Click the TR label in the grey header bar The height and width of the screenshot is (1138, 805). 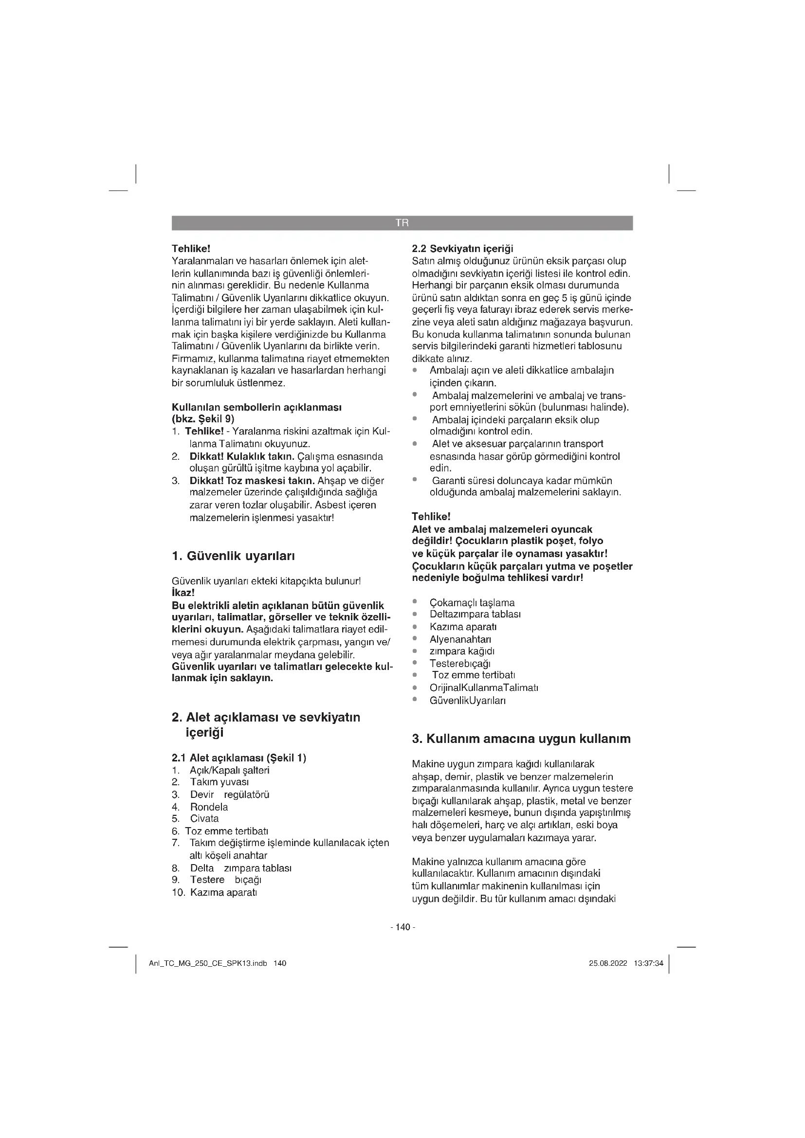[x=402, y=223]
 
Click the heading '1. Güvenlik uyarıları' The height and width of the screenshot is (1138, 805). [x=233, y=556]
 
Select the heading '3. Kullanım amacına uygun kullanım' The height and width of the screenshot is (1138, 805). [x=521, y=739]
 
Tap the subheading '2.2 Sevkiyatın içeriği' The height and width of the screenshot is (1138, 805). [x=462, y=248]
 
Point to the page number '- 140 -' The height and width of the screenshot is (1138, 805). [x=402, y=927]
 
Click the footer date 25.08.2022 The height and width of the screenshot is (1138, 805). [x=608, y=963]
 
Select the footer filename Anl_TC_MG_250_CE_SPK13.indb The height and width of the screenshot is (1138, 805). [x=208, y=963]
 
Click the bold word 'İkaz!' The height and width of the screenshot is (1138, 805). [x=183, y=593]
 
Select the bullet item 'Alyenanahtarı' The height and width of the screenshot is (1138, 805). [x=460, y=639]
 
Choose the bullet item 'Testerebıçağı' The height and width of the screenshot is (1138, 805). [x=460, y=663]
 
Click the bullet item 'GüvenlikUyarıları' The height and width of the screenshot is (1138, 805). [x=467, y=700]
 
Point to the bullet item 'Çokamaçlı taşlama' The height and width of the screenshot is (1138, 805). [x=472, y=603]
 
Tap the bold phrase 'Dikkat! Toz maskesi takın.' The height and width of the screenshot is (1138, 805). [x=252, y=481]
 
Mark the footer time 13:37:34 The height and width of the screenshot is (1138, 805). [x=648, y=963]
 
